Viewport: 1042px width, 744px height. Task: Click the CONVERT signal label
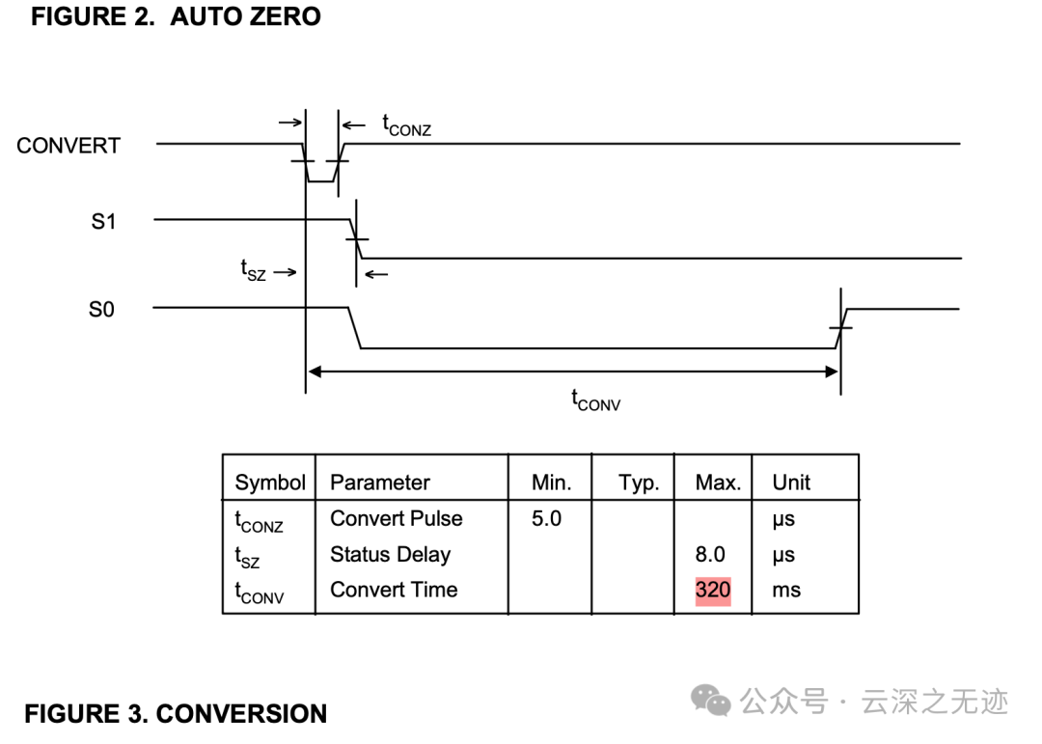pyautogui.click(x=69, y=146)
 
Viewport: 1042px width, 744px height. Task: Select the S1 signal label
pyautogui.click(x=103, y=221)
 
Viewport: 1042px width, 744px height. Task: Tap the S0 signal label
pyautogui.click(x=101, y=309)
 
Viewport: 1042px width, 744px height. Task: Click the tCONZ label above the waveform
pyautogui.click(x=407, y=125)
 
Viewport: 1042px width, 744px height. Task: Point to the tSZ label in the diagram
pyautogui.click(x=253, y=270)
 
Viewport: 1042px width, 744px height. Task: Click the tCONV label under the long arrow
pyautogui.click(x=596, y=400)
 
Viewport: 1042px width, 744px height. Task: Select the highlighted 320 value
pyautogui.click(x=713, y=590)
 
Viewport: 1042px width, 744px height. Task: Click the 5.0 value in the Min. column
pyautogui.click(x=546, y=518)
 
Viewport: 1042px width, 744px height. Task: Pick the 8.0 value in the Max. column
pyautogui.click(x=710, y=554)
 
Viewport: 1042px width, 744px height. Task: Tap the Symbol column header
pyautogui.click(x=270, y=482)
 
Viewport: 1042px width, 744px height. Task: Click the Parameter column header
pyautogui.click(x=380, y=482)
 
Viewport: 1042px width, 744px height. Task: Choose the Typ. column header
pyautogui.click(x=640, y=482)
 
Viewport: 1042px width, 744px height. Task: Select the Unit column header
pyautogui.click(x=791, y=482)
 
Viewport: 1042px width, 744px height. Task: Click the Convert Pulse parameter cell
pyautogui.click(x=397, y=518)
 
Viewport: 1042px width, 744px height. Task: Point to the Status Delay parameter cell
pyautogui.click(x=391, y=555)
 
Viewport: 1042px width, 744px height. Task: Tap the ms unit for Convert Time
pyautogui.click(x=787, y=591)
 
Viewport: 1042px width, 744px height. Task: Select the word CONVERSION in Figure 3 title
pyautogui.click(x=241, y=714)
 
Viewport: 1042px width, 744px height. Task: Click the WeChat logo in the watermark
pyautogui.click(x=710, y=701)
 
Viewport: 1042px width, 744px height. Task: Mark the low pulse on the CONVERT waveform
pyautogui.click(x=321, y=180)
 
